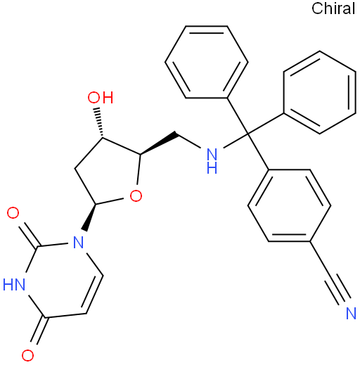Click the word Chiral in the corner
pyautogui.click(x=333, y=8)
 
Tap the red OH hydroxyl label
pyautogui.click(x=101, y=98)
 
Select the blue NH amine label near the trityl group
pyautogui.click(x=212, y=161)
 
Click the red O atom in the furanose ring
pyautogui.click(x=136, y=196)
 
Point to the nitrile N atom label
pyautogui.click(x=351, y=313)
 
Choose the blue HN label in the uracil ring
pyautogui.click(x=14, y=285)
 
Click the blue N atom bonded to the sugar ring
pyautogui.click(x=79, y=242)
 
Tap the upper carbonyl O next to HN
pyautogui.click(x=13, y=213)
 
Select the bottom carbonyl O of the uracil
pyautogui.click(x=27, y=355)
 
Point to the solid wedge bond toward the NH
pyautogui.click(x=158, y=143)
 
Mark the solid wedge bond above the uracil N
pyautogui.click(x=89, y=217)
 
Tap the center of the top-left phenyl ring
pyautogui.click(x=207, y=62)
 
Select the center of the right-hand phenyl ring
pyautogui.click(x=320, y=92)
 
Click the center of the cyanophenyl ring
pyautogui.click(x=289, y=205)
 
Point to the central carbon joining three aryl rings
pyautogui.click(x=247, y=134)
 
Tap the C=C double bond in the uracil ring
pyautogui.click(x=93, y=294)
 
